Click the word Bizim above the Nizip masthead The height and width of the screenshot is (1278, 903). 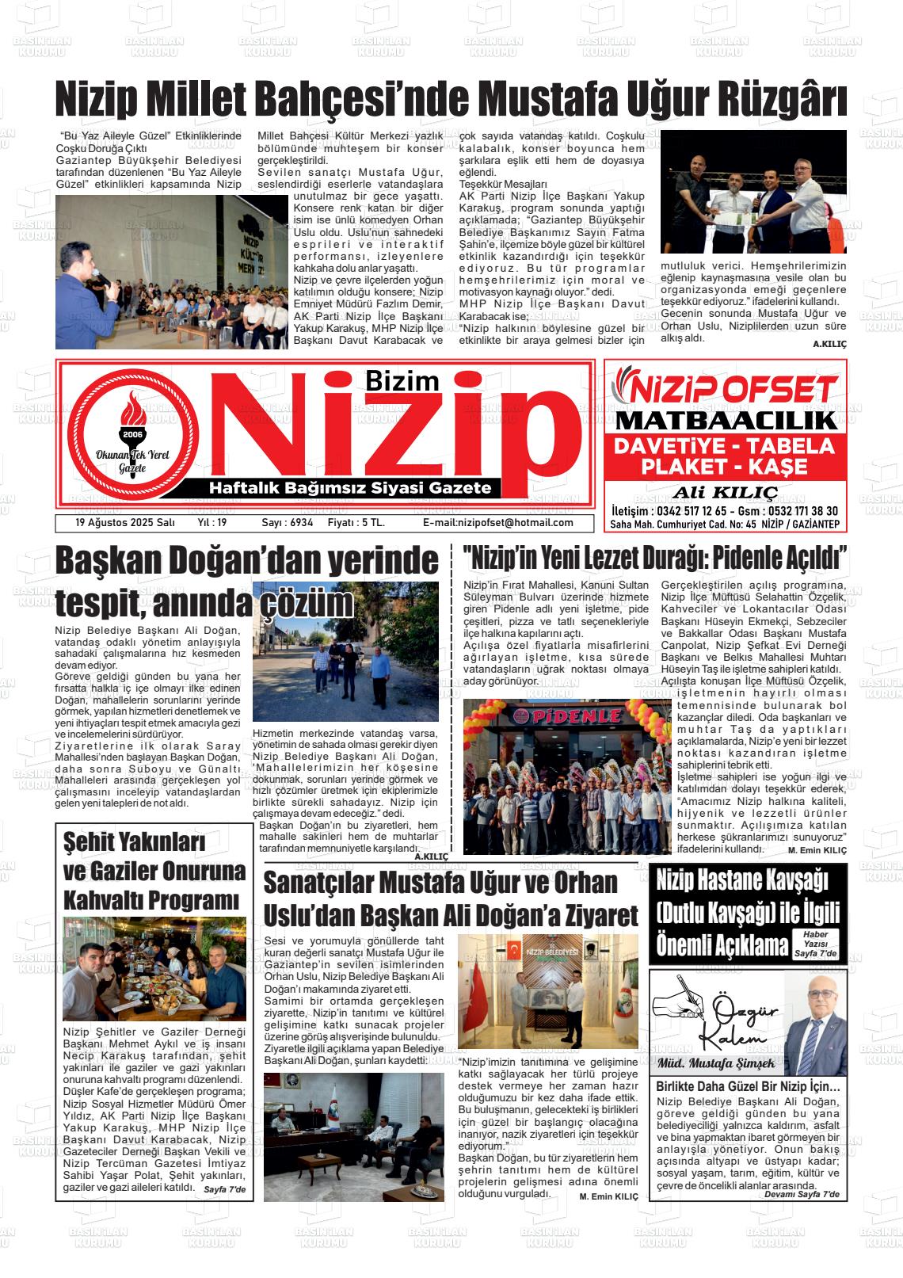pyautogui.click(x=402, y=380)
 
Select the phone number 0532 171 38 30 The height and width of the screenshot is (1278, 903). pyautogui.click(x=795, y=511)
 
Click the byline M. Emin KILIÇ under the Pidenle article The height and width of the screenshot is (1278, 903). pyautogui.click(x=817, y=850)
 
